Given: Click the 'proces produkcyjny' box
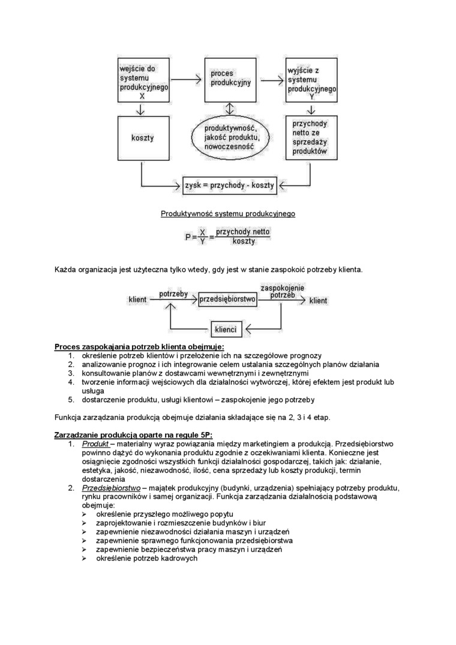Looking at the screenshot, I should pos(231,80).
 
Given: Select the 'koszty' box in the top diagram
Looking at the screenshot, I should pos(142,138).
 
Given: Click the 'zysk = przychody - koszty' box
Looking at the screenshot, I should pos(229,185).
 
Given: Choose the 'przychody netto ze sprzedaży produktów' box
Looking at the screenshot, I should pos(311,138).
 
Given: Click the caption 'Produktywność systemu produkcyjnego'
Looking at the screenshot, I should pos(228,214).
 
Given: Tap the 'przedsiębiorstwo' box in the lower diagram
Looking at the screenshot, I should pos(227,299).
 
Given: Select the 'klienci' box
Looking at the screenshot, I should pos(225,329).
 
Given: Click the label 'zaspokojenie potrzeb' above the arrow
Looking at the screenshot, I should pos(282,291).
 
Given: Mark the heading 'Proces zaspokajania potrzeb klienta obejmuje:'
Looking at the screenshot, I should pos(139,347).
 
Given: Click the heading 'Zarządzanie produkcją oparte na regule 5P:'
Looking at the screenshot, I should pos(133,434).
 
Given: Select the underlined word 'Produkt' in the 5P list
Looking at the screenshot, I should pos(95,443).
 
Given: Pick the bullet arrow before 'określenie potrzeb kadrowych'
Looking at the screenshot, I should pos(85,558).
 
